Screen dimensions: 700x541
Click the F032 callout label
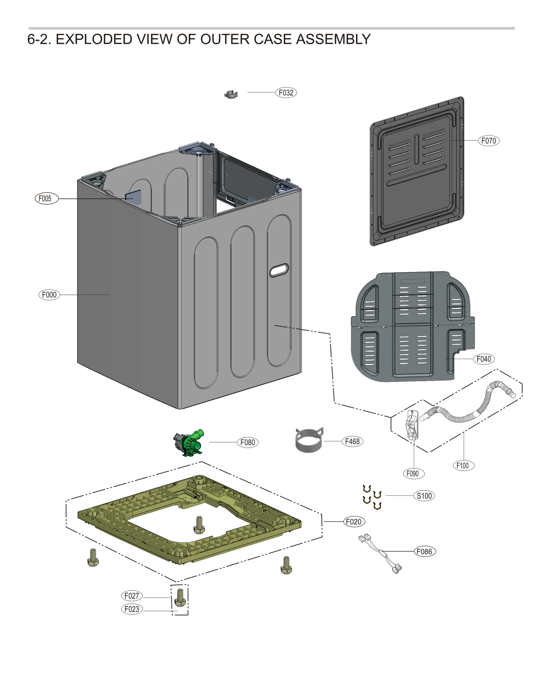click(286, 93)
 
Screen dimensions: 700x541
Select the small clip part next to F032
click(231, 95)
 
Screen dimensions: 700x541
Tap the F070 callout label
click(488, 141)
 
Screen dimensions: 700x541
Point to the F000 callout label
click(49, 295)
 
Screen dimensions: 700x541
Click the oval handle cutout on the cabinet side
click(279, 270)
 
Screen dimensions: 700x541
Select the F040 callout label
click(484, 359)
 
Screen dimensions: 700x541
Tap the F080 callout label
click(248, 442)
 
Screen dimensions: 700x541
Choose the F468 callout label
click(352, 441)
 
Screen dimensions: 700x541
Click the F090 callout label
click(413, 474)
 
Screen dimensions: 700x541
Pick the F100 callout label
click(463, 465)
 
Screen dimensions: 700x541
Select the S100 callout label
click(424, 496)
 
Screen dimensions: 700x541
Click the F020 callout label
click(354, 522)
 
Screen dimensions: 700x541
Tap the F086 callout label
click(424, 552)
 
